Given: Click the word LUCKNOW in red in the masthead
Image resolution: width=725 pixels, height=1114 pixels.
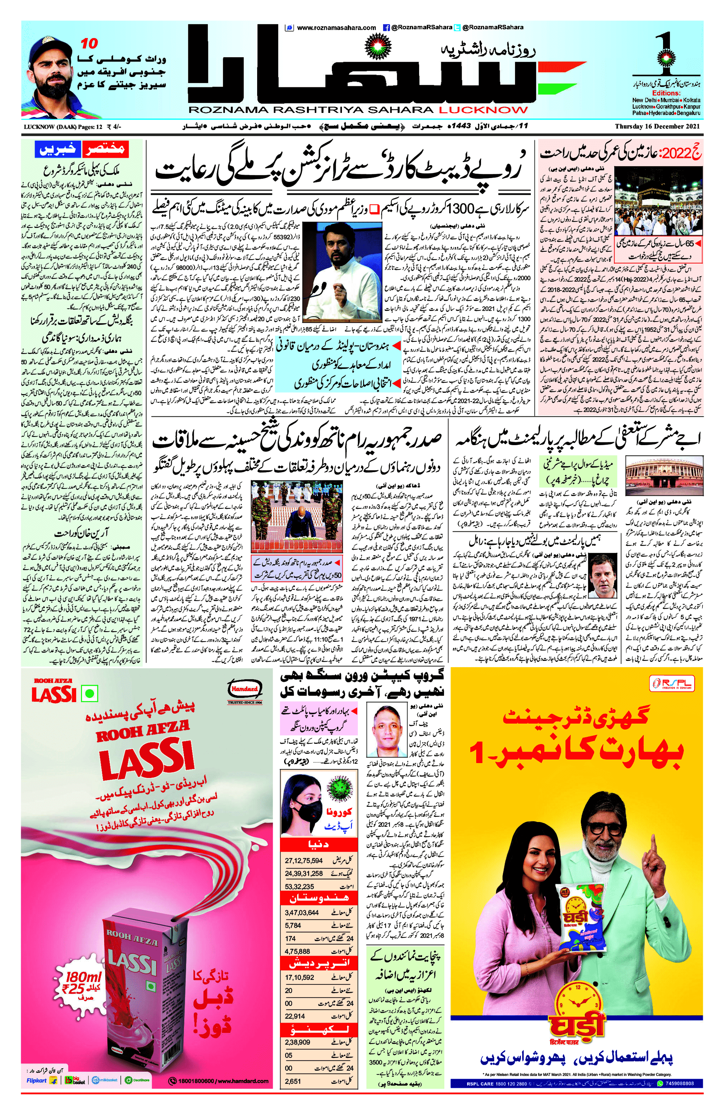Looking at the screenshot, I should point(483,110).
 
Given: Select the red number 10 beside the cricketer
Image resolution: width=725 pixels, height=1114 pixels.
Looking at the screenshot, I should point(89,44).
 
